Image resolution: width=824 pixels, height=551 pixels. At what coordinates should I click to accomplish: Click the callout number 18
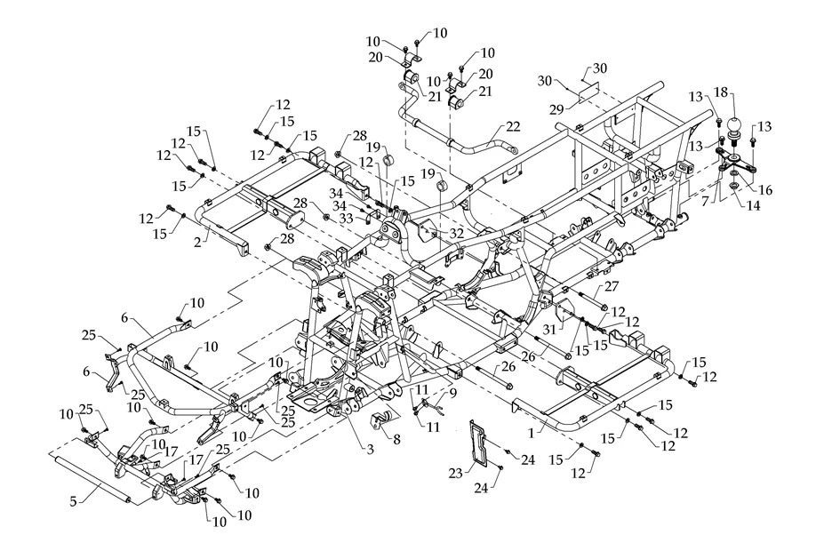click(720, 92)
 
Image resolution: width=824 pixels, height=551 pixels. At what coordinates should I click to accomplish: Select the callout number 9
click(452, 392)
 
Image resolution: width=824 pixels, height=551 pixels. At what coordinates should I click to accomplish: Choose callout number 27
click(611, 286)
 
